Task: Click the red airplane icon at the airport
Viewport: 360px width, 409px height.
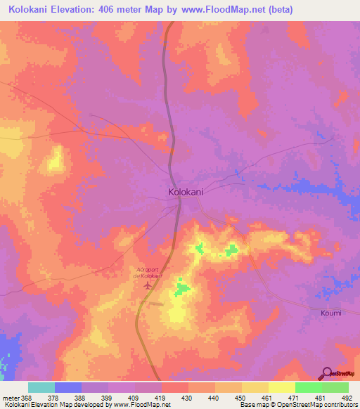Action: [x=147, y=285]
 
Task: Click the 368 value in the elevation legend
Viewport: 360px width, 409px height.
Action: [x=27, y=398]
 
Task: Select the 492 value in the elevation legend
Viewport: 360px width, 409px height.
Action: [x=347, y=398]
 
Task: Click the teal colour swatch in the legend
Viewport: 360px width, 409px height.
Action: [x=41, y=387]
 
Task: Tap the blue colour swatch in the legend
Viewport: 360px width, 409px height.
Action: [x=67, y=387]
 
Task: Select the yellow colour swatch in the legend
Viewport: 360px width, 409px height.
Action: [x=281, y=387]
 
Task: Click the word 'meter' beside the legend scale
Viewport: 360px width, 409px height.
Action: [x=10, y=398]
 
